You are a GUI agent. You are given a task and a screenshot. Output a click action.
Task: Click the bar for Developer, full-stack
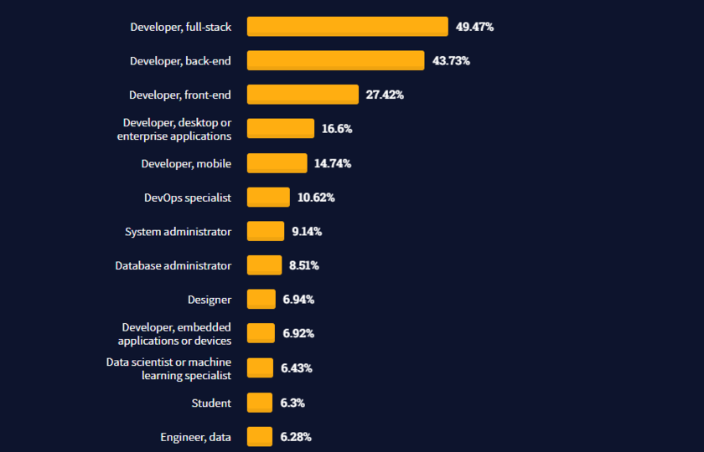(347, 27)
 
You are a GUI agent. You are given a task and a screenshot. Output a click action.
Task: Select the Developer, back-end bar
(335, 60)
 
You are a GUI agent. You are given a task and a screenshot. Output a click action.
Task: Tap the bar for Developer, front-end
(303, 95)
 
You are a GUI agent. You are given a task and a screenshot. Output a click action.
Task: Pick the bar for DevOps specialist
(268, 198)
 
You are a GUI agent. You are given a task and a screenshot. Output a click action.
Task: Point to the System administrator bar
(266, 231)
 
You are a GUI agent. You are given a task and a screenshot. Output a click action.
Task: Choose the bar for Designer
(261, 300)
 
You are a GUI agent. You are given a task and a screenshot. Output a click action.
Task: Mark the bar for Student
(260, 403)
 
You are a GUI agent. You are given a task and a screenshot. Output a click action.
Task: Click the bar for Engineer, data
(260, 437)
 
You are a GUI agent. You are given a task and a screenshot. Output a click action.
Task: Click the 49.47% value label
(474, 27)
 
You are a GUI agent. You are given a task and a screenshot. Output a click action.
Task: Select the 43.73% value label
(451, 61)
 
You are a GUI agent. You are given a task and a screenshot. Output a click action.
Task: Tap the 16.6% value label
(337, 129)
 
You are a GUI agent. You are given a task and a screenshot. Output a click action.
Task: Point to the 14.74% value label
(333, 163)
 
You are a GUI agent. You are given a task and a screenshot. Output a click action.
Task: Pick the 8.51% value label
(304, 265)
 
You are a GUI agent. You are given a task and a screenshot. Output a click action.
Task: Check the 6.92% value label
(298, 333)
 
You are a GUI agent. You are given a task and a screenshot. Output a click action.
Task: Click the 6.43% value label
(297, 368)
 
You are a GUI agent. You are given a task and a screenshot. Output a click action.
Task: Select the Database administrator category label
(173, 265)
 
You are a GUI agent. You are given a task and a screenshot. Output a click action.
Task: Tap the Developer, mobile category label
(186, 163)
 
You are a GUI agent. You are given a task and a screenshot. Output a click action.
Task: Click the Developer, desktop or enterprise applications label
(174, 129)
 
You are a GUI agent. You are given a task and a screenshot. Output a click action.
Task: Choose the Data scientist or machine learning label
(168, 368)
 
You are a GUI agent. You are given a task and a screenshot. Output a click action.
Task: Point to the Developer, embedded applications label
(174, 333)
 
